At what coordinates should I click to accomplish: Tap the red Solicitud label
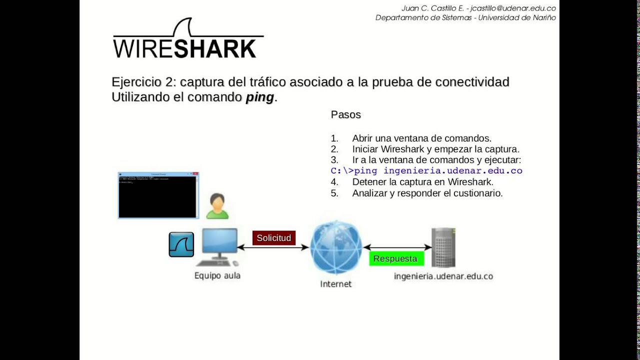[273, 238]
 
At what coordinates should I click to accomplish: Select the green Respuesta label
[395, 258]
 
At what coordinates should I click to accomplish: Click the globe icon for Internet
[335, 247]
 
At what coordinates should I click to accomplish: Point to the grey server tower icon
[443, 247]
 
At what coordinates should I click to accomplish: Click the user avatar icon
[217, 206]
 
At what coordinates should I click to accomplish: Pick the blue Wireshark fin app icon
[181, 244]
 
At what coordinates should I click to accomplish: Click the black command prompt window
[158, 196]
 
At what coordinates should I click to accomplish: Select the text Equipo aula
[217, 275]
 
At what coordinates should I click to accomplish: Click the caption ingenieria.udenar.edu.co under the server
[443, 276]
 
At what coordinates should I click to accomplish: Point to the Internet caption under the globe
[335, 284]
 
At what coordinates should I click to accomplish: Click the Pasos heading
[345, 114]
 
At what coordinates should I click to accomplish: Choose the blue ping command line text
[426, 171]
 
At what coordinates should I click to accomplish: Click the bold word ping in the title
[259, 97]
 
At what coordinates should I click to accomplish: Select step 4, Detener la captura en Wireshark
[422, 182]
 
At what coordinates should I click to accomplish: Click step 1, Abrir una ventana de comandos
[421, 138]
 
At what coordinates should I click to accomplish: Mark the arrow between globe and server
[397, 247]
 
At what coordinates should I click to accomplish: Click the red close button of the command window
[195, 174]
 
